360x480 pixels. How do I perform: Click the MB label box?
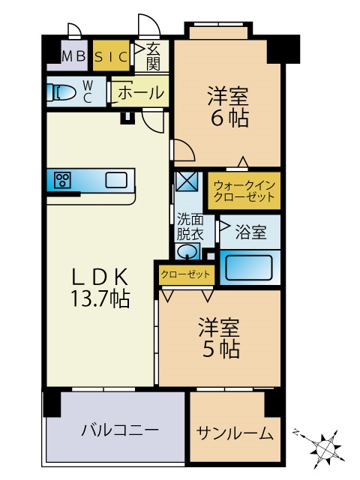(x=73, y=55)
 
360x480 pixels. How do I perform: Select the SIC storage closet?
(x=111, y=55)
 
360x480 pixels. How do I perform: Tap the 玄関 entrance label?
(x=153, y=55)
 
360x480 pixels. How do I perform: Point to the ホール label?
(x=141, y=93)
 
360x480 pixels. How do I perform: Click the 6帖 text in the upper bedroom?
(x=228, y=118)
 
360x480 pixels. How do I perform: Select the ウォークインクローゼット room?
(x=244, y=190)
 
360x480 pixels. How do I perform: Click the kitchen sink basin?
(x=115, y=180)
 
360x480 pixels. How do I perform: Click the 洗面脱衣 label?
(x=190, y=226)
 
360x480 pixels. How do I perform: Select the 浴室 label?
(x=250, y=232)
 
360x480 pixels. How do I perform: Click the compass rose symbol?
(x=326, y=448)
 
